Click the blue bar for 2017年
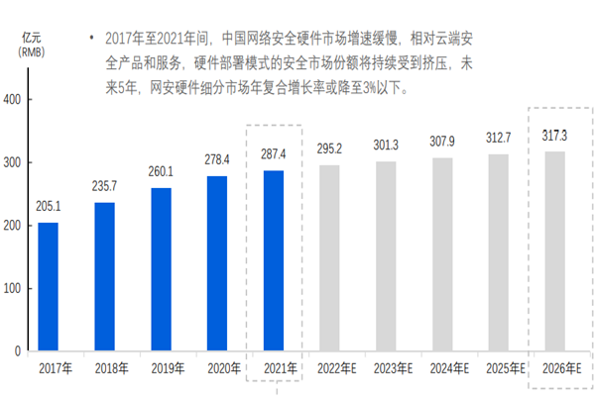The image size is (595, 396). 48,287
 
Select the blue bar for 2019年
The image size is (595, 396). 160,269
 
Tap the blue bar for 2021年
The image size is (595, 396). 272,261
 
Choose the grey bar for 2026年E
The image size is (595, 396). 556,251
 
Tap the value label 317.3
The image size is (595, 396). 556,136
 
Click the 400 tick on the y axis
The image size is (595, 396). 13,100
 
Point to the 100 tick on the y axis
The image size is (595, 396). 13,288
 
